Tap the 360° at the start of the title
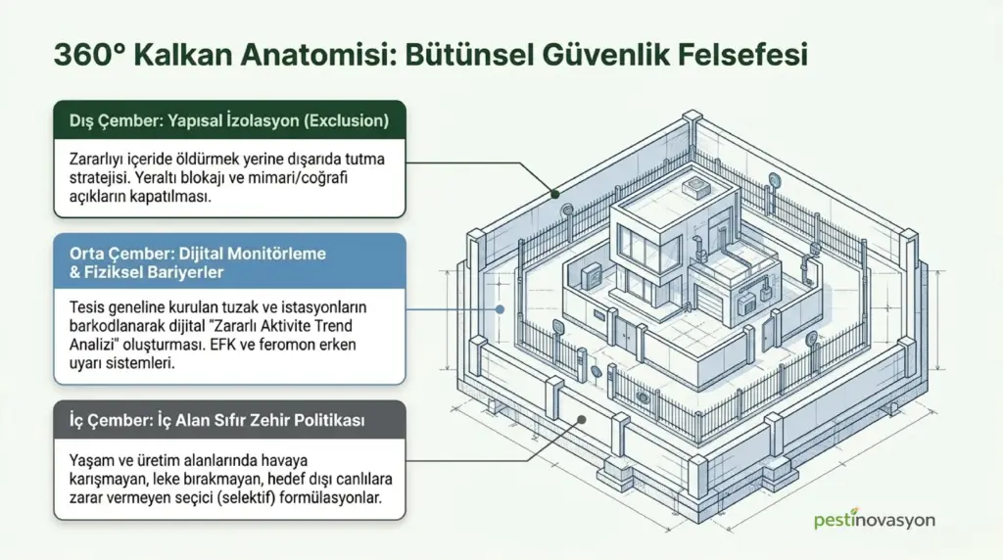coord(89,55)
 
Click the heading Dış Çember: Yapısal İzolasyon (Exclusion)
coord(229,120)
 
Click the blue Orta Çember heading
coord(198,262)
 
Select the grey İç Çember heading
coord(216,420)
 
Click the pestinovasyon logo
coord(875,521)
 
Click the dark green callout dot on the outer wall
coord(555,194)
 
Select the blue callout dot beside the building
coord(501,309)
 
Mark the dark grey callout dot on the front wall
coord(582,420)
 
